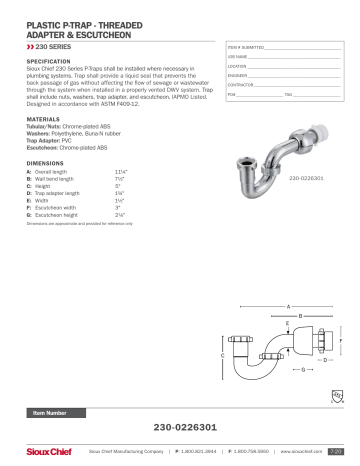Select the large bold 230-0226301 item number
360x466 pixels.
click(x=179, y=427)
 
